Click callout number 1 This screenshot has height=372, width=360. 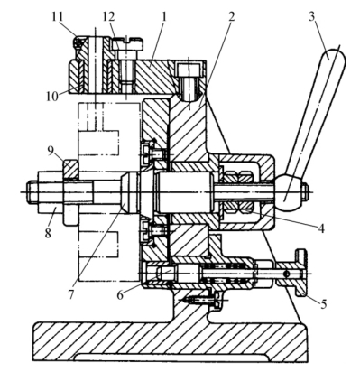click(x=164, y=16)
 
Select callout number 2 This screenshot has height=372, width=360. click(x=231, y=16)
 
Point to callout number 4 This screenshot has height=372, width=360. click(x=321, y=228)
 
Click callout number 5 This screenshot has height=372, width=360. click(x=323, y=304)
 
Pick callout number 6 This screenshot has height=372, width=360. click(x=120, y=295)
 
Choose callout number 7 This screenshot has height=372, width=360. click(x=70, y=294)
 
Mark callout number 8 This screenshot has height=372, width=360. click(x=48, y=233)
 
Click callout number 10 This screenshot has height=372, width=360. click(x=52, y=97)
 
